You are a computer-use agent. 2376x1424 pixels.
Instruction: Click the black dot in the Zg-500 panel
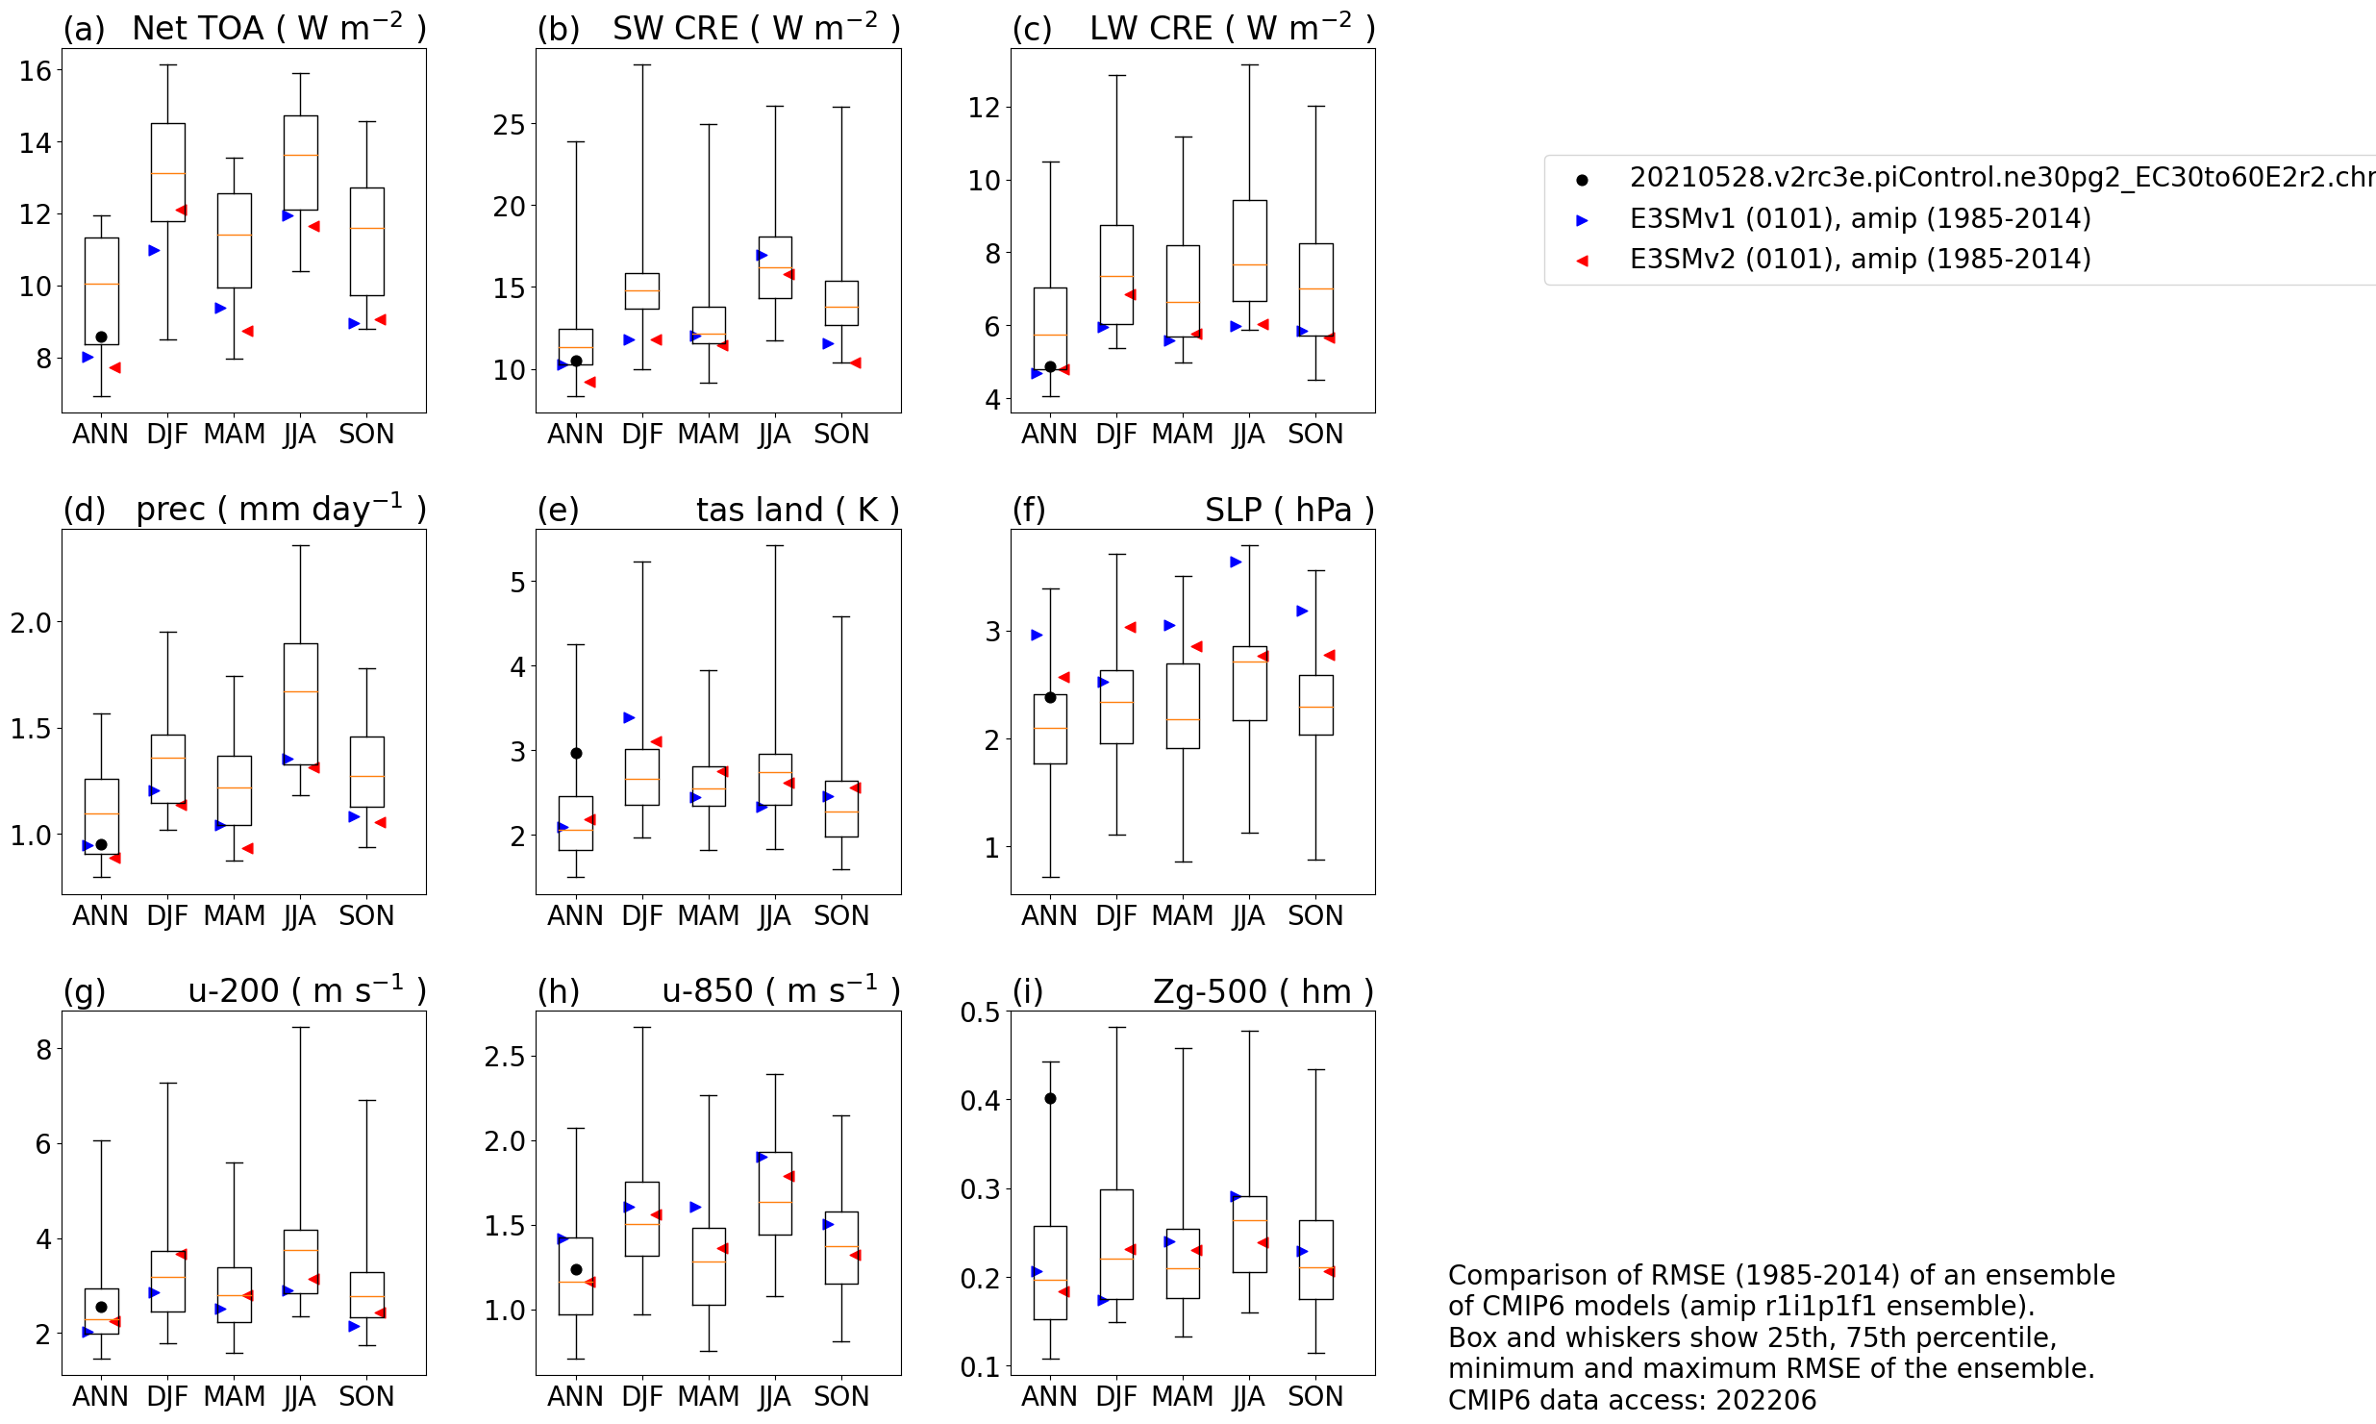pyautogui.click(x=1050, y=1098)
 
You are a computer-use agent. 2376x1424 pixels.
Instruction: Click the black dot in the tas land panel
pyautogui.click(x=576, y=753)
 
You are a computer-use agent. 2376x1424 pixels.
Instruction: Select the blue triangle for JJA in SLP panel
pyautogui.click(x=1236, y=562)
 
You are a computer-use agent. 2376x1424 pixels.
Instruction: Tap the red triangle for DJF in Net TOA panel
pyautogui.click(x=181, y=210)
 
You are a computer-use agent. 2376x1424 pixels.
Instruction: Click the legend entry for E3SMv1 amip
pyautogui.click(x=1860, y=219)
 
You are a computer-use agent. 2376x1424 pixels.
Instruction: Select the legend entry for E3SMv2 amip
pyautogui.click(x=1860, y=260)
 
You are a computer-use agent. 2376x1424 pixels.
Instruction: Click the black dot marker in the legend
pyautogui.click(x=1582, y=180)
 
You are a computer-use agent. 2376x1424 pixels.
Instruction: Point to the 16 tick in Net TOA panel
pyautogui.click(x=36, y=70)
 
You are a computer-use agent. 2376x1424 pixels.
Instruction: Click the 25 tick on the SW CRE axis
pyautogui.click(x=509, y=125)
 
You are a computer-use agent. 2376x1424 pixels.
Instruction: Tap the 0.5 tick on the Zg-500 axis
pyautogui.click(x=980, y=1012)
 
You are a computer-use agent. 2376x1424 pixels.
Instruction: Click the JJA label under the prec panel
pyautogui.click(x=300, y=916)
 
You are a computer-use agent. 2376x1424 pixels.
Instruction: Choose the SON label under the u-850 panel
pyautogui.click(x=841, y=1397)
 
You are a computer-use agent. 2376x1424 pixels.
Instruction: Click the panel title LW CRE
pyautogui.click(x=1150, y=29)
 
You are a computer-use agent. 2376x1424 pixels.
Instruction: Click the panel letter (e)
pyautogui.click(x=558, y=511)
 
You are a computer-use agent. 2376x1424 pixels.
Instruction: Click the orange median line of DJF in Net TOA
pyautogui.click(x=168, y=173)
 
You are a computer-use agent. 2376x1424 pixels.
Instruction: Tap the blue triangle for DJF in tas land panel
pyautogui.click(x=629, y=717)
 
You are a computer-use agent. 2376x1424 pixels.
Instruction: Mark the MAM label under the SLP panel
pyautogui.click(x=1183, y=916)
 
